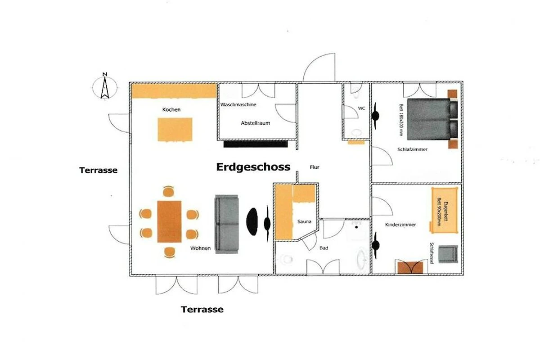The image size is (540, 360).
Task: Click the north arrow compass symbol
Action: click(x=105, y=87)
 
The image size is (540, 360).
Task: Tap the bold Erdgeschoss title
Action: click(x=253, y=167)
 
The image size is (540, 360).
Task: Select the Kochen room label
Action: click(x=171, y=109)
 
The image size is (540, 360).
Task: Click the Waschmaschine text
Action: click(x=238, y=105)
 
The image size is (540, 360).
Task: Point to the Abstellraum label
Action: click(x=255, y=123)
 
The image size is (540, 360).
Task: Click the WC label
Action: click(x=361, y=108)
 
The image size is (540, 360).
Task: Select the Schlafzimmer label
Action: click(x=412, y=149)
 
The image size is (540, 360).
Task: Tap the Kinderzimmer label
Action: click(x=400, y=225)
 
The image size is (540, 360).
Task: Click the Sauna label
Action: click(x=304, y=221)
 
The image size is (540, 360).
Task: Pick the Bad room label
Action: click(x=324, y=248)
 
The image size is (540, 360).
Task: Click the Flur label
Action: click(x=315, y=167)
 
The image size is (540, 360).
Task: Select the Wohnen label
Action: click(x=200, y=248)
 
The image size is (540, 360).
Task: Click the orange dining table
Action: click(x=169, y=221)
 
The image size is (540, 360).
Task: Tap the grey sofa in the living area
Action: click(x=227, y=224)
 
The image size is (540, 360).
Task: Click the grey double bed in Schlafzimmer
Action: click(x=432, y=119)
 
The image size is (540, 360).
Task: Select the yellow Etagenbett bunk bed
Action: click(x=444, y=210)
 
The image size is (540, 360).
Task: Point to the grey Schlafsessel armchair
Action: click(x=448, y=254)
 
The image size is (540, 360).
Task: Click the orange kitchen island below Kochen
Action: click(x=175, y=129)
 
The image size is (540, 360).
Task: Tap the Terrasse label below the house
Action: click(x=202, y=309)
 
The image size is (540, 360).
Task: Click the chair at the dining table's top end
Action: click(x=168, y=191)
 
